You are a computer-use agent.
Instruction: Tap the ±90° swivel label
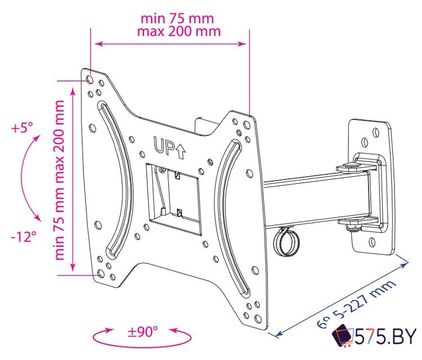click(x=143, y=331)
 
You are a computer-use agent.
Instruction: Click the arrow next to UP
click(x=180, y=148)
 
